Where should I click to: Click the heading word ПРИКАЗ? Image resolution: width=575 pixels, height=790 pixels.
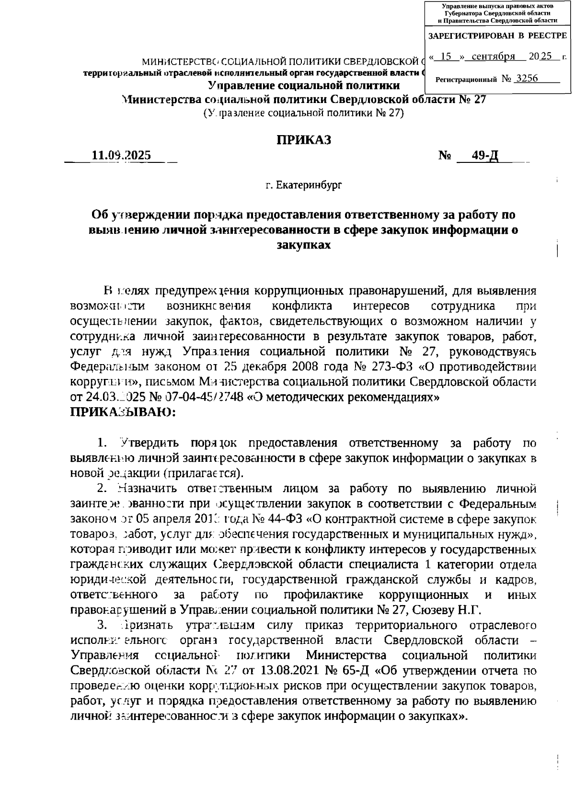coord(303,140)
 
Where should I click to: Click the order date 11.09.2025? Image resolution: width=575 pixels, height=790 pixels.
coord(121,156)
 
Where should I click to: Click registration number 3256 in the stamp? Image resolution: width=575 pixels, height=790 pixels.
coord(524,78)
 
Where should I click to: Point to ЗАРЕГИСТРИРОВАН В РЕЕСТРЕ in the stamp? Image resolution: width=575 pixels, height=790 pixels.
coord(497,36)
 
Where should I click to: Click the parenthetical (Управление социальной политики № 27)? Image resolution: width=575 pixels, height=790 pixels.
coord(303,114)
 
